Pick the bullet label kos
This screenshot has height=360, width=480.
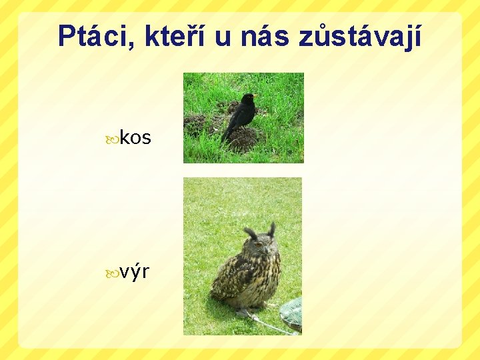tap(135, 138)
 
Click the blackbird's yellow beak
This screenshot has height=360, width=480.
tap(255, 97)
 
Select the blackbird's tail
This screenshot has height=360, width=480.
tap(226, 136)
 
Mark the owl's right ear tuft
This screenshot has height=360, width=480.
tap(271, 229)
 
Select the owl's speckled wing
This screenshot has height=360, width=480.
tap(233, 277)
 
